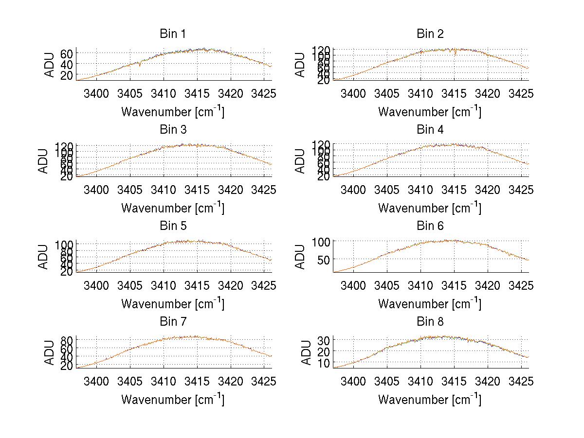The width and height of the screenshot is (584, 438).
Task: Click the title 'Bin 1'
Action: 172,34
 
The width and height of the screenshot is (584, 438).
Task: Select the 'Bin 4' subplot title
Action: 430,130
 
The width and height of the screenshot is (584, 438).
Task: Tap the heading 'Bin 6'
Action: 430,226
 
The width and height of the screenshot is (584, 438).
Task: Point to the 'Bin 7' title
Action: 172,321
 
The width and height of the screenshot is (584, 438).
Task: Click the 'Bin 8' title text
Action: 430,321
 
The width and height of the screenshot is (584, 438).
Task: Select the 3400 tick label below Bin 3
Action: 96,189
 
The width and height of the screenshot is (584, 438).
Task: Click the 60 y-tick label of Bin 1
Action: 67,53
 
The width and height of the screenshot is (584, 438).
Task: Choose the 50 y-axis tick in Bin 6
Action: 324,260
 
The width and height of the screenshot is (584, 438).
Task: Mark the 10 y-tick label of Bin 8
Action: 324,363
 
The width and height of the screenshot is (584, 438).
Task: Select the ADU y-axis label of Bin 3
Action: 44,161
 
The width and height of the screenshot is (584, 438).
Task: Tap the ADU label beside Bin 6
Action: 301,257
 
